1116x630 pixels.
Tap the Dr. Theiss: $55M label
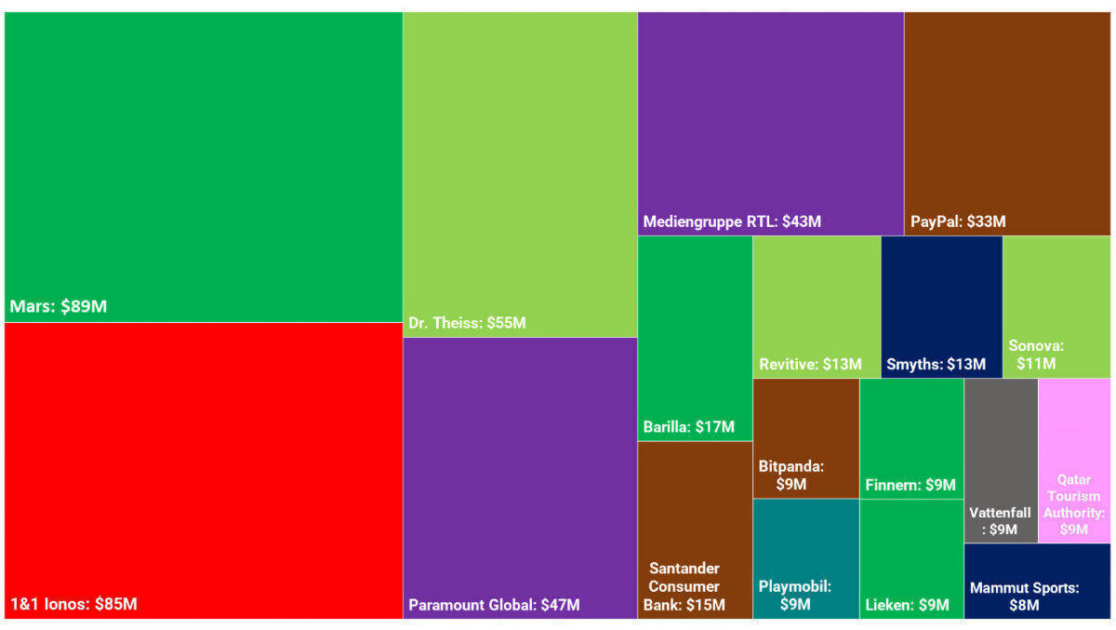pyautogui.click(x=467, y=324)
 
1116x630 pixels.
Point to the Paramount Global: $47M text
pyautogui.click(x=494, y=605)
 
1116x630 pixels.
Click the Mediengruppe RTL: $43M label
pyautogui.click(x=732, y=222)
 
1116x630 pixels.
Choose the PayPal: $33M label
pyautogui.click(x=958, y=222)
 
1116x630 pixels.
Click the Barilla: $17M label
pyautogui.click(x=688, y=428)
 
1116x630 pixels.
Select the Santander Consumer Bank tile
pyautogui.click(x=694, y=530)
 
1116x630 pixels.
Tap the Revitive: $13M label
pyautogui.click(x=810, y=365)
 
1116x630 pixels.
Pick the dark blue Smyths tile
pyautogui.click(x=941, y=307)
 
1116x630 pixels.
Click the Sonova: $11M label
pyautogui.click(x=1036, y=355)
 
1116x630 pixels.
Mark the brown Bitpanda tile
pyautogui.click(x=805, y=437)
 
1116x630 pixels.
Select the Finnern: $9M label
pyautogui.click(x=910, y=486)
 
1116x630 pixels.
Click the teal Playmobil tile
pyautogui.click(x=805, y=558)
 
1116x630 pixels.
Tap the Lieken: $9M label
pyautogui.click(x=907, y=605)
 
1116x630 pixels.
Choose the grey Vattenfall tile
pyautogui.click(x=1001, y=461)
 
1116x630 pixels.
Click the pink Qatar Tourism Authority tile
pyautogui.click(x=1074, y=461)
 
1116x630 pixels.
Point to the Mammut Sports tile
pyautogui.click(x=1037, y=582)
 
